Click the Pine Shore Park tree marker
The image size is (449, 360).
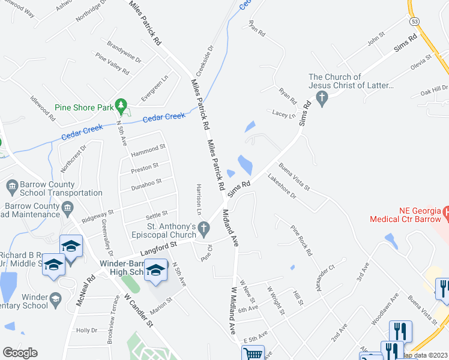(x=122, y=107)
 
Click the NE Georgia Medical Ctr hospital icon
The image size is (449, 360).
(x=446, y=213)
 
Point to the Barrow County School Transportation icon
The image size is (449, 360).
(x=13, y=188)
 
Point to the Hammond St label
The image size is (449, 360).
(x=148, y=149)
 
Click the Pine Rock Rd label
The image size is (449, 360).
(x=301, y=240)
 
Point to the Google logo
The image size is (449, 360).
(x=20, y=353)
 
